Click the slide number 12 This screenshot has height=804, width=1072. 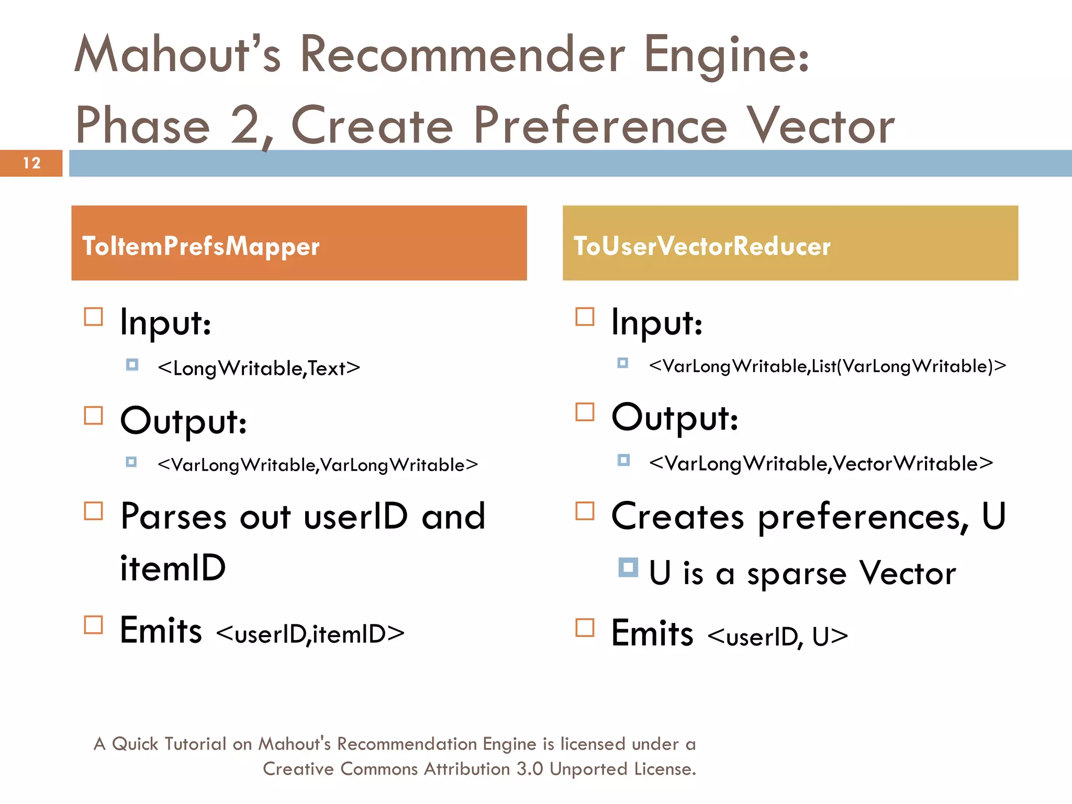pyautogui.click(x=31, y=163)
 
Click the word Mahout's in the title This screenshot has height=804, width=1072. pyautogui.click(x=178, y=54)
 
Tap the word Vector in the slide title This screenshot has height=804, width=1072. pyautogui.click(x=820, y=126)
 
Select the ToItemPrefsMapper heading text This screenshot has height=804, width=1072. pyautogui.click(x=201, y=247)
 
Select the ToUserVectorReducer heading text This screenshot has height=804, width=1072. pyautogui.click(x=702, y=247)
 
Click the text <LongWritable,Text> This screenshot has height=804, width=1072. pyautogui.click(x=259, y=368)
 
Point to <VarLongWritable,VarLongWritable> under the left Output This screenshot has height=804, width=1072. pyautogui.click(x=318, y=465)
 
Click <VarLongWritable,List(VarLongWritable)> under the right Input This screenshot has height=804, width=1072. pyautogui.click(x=827, y=366)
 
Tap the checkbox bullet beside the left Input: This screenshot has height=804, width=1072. pyautogui.click(x=94, y=317)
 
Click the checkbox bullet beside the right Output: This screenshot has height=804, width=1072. pyautogui.click(x=585, y=412)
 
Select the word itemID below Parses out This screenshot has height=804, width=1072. pyautogui.click(x=173, y=568)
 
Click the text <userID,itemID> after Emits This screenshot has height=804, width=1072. pyautogui.click(x=310, y=634)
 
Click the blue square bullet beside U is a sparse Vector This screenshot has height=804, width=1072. pyautogui.click(x=628, y=567)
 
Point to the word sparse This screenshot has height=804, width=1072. pyautogui.click(x=797, y=574)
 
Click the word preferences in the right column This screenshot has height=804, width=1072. pyautogui.click(x=860, y=517)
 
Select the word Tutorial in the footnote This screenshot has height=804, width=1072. pyautogui.click(x=195, y=744)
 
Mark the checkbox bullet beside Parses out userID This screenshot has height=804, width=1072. pyautogui.click(x=94, y=511)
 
